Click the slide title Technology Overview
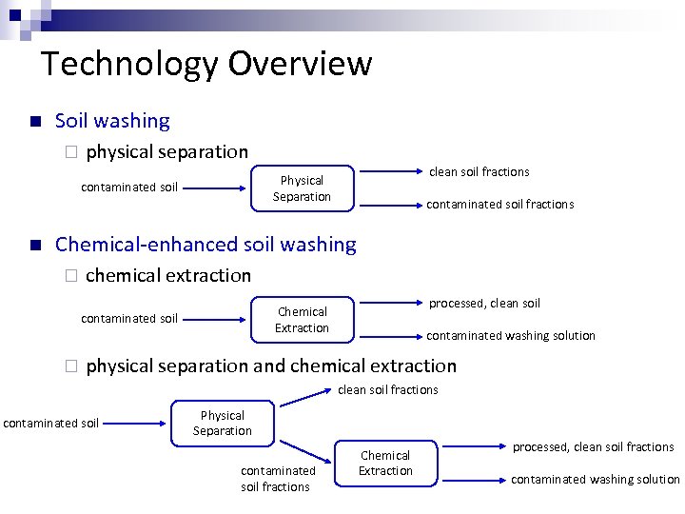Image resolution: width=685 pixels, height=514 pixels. pos(206,64)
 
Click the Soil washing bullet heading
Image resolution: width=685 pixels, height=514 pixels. pos(112,121)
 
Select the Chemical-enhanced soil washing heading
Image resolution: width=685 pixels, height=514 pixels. pos(205,245)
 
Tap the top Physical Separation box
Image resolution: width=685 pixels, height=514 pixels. pos(302,188)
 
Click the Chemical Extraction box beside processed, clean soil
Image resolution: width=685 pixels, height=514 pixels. pos(302,320)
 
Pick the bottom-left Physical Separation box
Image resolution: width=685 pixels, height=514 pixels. pos(223,424)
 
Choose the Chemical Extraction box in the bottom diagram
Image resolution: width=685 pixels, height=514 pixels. pos(385,464)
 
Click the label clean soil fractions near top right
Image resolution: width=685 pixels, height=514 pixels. pos(479,172)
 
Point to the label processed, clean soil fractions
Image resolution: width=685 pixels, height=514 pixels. pos(593,447)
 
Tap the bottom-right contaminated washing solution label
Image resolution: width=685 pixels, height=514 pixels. pos(595,480)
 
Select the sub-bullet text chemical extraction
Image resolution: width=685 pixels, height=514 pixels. pos(168,275)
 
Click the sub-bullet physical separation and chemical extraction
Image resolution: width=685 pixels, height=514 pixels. pos(271,366)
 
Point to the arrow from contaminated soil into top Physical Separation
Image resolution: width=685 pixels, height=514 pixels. pos(215,188)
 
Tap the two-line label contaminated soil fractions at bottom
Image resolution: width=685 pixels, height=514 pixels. pos(275,479)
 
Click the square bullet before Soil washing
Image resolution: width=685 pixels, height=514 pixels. pos(34,122)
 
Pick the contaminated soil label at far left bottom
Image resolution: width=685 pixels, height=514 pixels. pos(51,423)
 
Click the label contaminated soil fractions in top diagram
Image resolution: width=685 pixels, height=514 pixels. pos(499,204)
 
